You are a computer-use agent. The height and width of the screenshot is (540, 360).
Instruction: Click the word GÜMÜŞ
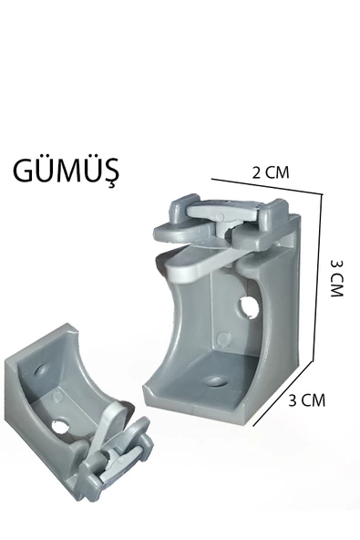[67, 171]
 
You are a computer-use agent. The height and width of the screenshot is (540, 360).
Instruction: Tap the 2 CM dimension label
[271, 172]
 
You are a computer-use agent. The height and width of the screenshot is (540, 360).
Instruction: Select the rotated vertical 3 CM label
[337, 278]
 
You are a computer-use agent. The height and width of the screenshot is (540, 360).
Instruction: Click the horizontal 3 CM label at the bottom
[306, 400]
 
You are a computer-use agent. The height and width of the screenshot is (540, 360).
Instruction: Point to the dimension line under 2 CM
[267, 187]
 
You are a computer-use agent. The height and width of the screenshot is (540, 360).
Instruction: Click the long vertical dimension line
[317, 278]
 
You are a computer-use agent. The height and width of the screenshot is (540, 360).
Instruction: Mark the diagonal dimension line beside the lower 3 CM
[283, 394]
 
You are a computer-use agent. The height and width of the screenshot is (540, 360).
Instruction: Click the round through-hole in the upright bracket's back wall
[250, 306]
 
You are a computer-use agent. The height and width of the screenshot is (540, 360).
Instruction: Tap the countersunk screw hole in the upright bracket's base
[216, 381]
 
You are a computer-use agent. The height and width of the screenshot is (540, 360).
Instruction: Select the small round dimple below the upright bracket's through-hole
[223, 339]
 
